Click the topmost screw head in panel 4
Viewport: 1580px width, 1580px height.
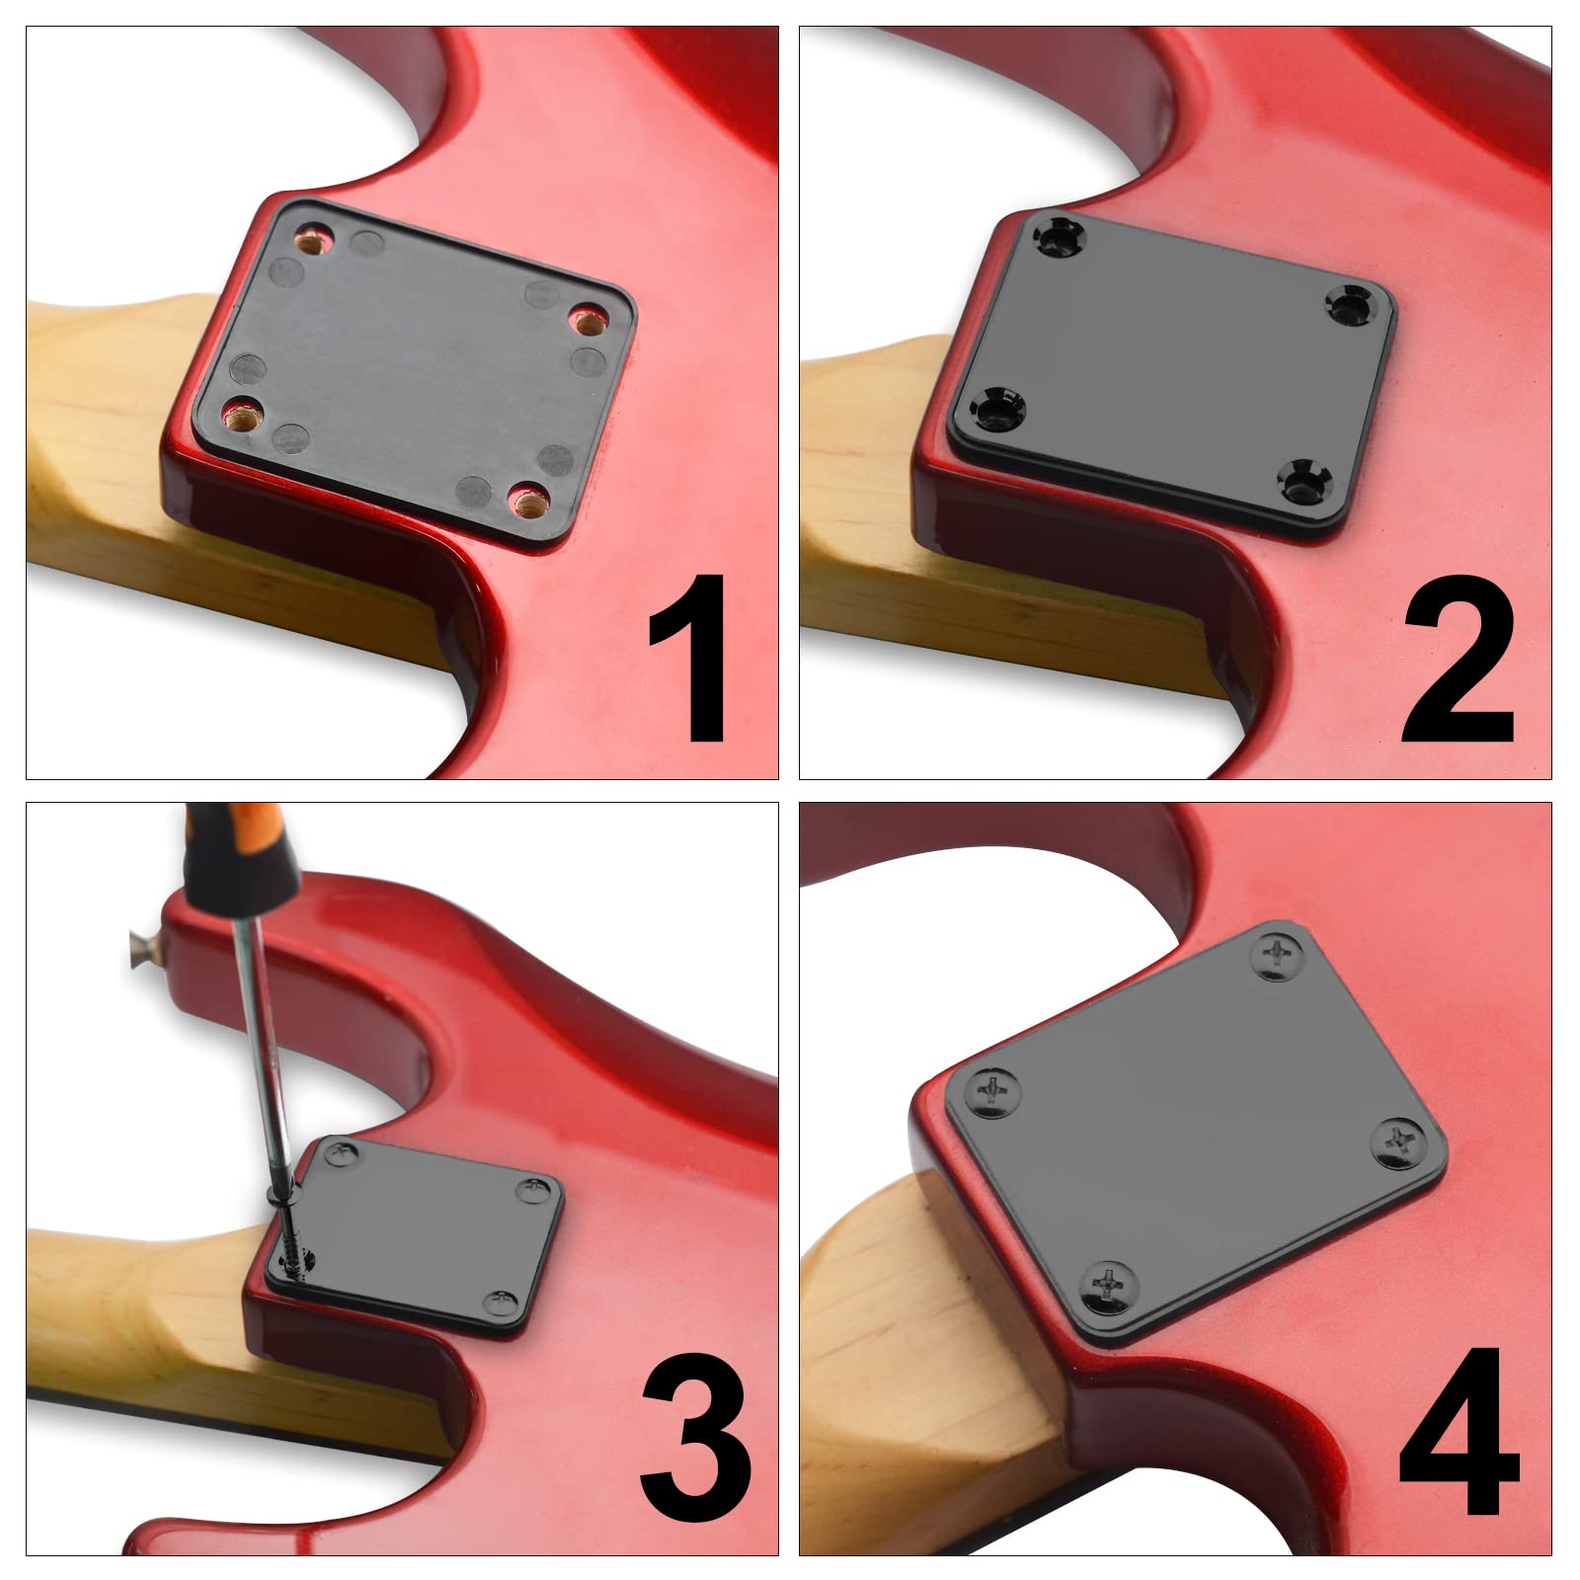click(x=1280, y=952)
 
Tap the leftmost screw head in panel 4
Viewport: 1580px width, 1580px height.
click(x=991, y=1090)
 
